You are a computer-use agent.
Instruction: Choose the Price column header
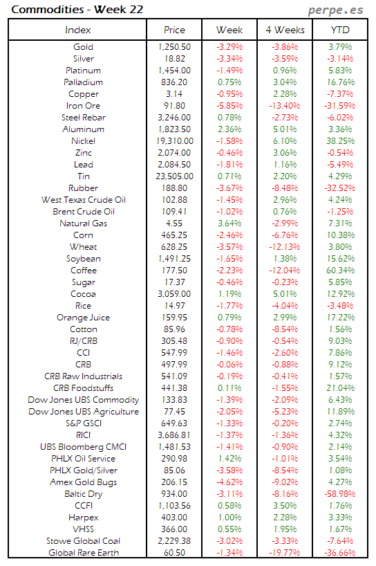tap(174, 30)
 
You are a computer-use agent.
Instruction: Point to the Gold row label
tap(83, 47)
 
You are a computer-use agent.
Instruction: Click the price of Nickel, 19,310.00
tap(174, 141)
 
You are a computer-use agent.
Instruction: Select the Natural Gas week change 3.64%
tap(229, 223)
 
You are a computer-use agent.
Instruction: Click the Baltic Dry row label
tap(83, 493)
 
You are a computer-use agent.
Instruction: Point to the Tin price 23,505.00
tap(174, 176)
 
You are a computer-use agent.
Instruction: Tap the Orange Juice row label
tap(83, 318)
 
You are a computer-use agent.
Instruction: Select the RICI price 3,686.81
tap(174, 435)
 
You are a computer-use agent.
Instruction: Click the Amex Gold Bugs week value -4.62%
tap(229, 482)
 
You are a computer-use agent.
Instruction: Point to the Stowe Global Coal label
tap(82, 540)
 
